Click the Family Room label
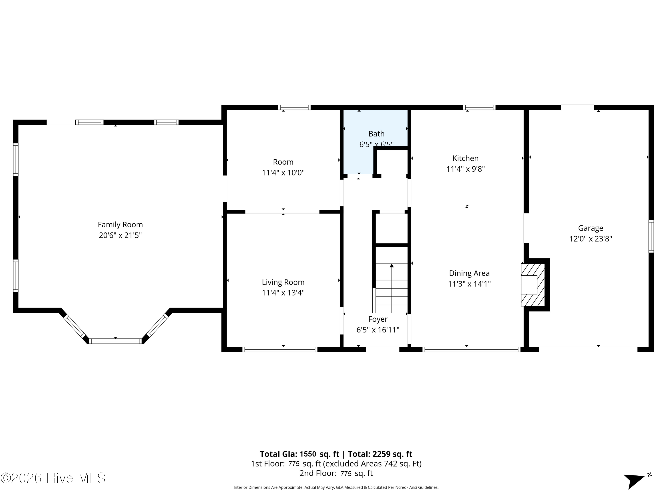[120, 225]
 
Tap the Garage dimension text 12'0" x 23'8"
[591, 239]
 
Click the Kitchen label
[465, 158]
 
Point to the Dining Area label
[469, 273]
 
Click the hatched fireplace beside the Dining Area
[533, 285]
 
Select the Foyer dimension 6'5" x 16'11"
[378, 330]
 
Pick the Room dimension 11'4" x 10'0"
[283, 173]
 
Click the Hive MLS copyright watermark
[53, 478]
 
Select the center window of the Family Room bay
[115, 341]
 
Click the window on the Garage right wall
[651, 236]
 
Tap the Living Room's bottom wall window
[280, 349]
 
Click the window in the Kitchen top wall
[479, 107]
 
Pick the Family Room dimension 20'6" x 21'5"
[120, 235]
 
